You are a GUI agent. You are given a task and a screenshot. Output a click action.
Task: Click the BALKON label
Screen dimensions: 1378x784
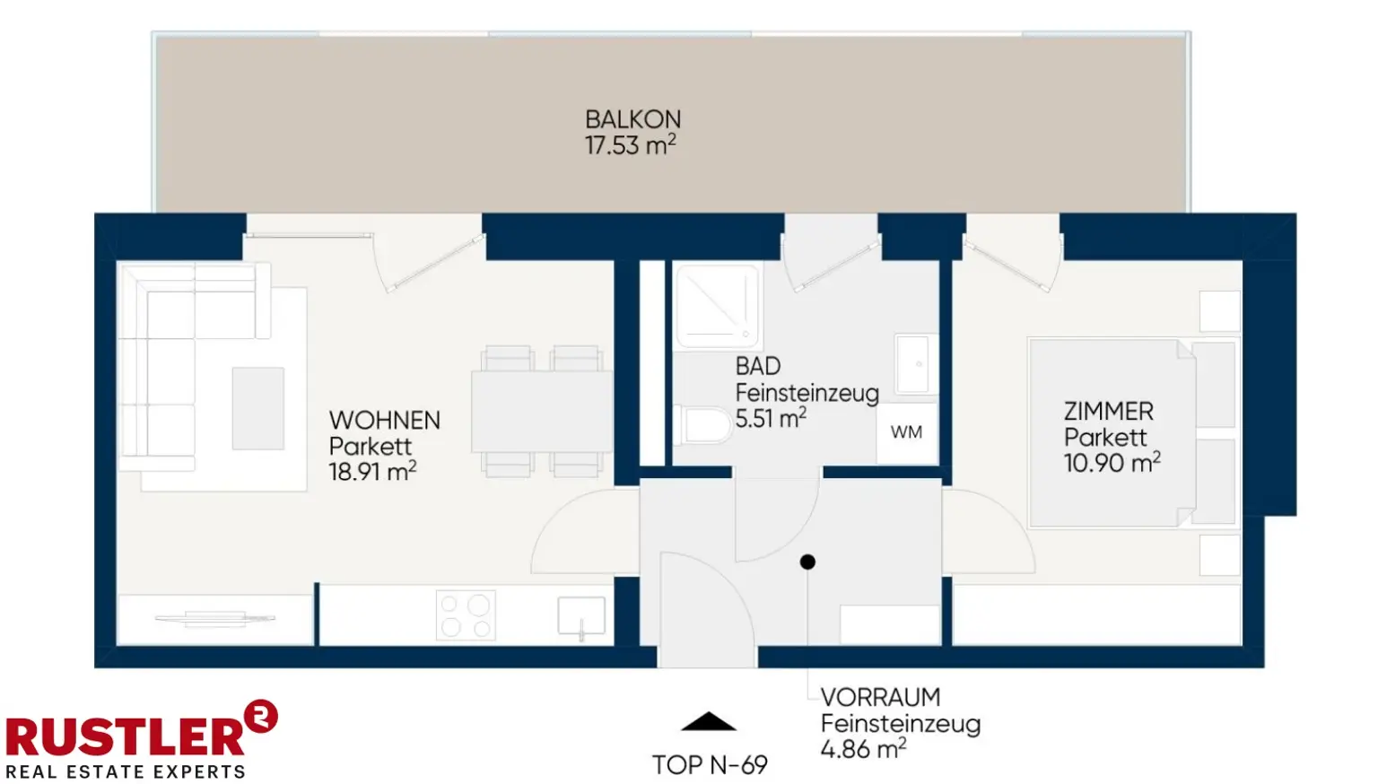click(x=633, y=119)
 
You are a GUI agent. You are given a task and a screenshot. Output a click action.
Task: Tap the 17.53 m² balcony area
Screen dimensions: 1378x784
click(x=631, y=145)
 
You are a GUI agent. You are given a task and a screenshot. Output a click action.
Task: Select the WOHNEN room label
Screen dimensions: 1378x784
click(x=385, y=421)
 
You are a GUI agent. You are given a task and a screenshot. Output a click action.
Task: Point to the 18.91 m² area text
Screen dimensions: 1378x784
click(x=373, y=472)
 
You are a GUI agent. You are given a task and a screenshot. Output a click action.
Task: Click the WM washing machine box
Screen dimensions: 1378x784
click(x=907, y=433)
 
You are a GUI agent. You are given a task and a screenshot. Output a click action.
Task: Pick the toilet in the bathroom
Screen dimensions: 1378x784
click(x=702, y=424)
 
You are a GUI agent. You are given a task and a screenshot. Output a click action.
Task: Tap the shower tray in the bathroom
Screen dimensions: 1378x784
click(x=718, y=307)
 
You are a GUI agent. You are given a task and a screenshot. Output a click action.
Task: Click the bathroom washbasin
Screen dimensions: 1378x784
click(x=916, y=364)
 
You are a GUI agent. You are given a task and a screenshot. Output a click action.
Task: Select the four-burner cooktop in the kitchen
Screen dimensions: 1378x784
click(x=466, y=614)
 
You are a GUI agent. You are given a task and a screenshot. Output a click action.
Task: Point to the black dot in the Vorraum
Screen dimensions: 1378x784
click(x=807, y=562)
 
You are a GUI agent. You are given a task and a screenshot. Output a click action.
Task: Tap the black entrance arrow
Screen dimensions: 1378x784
click(x=709, y=721)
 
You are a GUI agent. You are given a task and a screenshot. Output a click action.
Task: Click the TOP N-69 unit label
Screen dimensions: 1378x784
click(x=710, y=765)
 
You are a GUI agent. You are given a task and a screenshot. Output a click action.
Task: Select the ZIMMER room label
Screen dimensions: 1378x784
click(x=1109, y=412)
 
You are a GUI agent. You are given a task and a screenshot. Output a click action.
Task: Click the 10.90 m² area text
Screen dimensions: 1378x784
click(x=1112, y=462)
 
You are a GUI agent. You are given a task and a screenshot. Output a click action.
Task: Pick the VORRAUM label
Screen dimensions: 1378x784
click(x=880, y=697)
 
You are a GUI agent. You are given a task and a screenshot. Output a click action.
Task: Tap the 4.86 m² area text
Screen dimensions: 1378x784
click(x=863, y=749)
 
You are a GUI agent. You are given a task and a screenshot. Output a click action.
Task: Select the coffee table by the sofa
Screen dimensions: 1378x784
click(x=258, y=408)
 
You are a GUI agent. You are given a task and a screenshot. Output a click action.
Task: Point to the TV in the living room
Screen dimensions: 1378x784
click(x=214, y=619)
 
